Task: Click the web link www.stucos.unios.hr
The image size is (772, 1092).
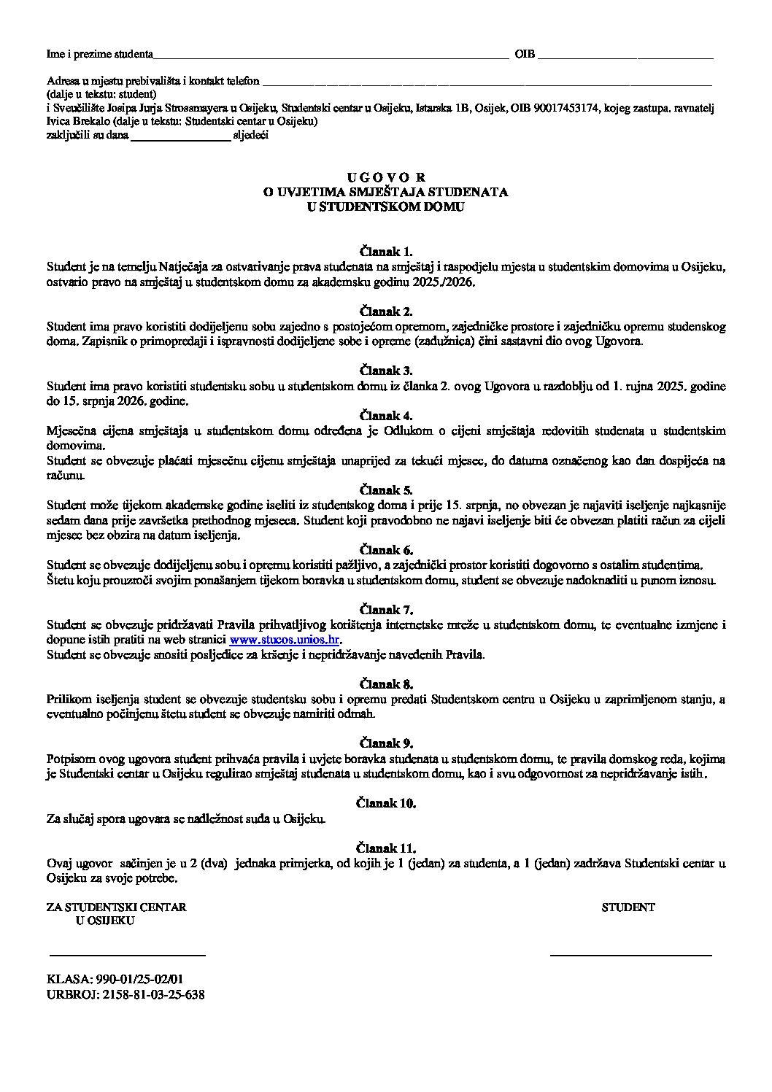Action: click(285, 640)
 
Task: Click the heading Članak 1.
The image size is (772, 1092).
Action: click(386, 252)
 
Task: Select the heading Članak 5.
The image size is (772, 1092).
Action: click(386, 490)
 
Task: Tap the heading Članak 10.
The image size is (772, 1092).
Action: click(386, 803)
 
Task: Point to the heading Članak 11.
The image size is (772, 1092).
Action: click(386, 848)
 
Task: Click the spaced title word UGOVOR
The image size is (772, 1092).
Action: click(386, 177)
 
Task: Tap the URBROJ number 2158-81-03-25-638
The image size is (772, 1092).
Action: click(152, 994)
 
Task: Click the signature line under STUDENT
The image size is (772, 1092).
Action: click(630, 954)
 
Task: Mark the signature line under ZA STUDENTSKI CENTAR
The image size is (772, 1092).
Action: click(127, 954)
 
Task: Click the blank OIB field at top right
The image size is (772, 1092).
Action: click(625, 56)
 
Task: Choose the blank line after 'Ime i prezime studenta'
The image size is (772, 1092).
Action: click(331, 56)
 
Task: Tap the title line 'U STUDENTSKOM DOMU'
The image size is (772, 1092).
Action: click(386, 206)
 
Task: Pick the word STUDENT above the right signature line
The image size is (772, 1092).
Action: click(628, 907)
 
